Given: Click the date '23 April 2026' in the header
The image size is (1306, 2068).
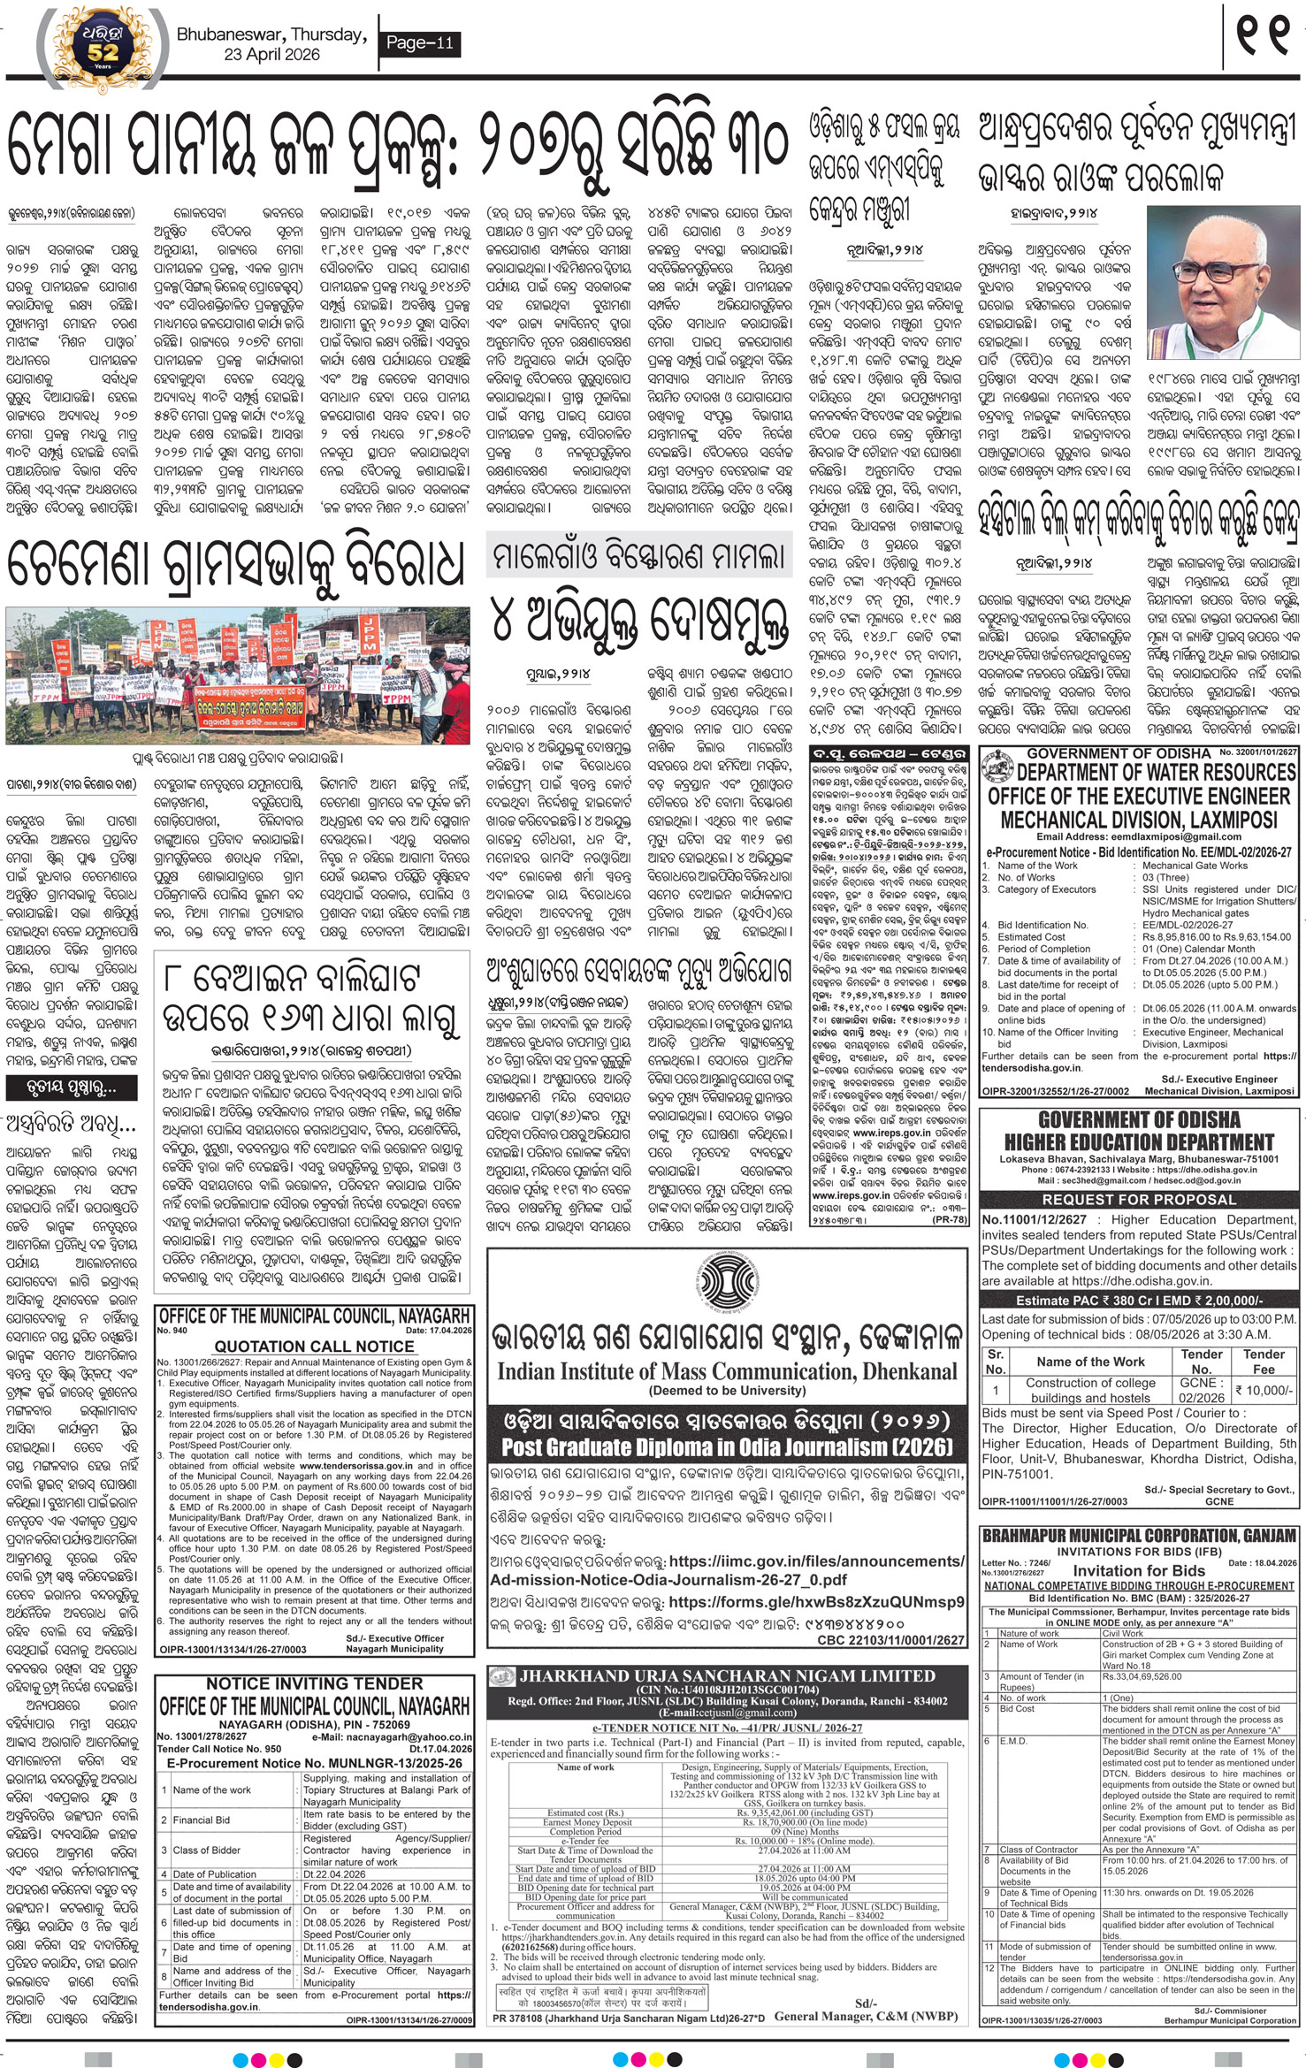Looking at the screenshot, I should [271, 55].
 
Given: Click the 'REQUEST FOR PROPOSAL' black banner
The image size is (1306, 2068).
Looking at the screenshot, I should [1139, 1200].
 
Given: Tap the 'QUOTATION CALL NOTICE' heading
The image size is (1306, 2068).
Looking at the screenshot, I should [314, 1347].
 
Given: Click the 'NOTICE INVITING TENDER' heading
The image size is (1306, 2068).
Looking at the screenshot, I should [314, 1683].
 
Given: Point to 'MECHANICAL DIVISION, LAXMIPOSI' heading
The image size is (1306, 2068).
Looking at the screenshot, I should [1139, 819].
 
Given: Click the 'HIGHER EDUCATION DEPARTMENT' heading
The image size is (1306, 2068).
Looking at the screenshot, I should [1139, 1142].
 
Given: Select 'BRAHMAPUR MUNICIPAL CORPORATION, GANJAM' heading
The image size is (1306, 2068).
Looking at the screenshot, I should [1139, 1536].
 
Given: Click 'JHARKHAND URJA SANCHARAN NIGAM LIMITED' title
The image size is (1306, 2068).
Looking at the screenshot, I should [728, 1675].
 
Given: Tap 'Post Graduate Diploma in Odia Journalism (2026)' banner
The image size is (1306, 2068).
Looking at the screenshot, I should [726, 1447].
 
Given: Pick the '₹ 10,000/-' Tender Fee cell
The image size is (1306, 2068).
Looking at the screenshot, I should [1264, 1390].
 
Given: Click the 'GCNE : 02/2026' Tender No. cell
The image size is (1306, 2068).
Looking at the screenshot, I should [1202, 1390].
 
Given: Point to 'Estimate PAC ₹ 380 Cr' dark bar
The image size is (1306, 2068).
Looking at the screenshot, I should [1139, 1301].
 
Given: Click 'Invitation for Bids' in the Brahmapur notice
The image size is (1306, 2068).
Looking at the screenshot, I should [1139, 1570].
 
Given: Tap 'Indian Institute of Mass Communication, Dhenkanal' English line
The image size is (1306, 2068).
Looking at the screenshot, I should [726, 1371].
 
